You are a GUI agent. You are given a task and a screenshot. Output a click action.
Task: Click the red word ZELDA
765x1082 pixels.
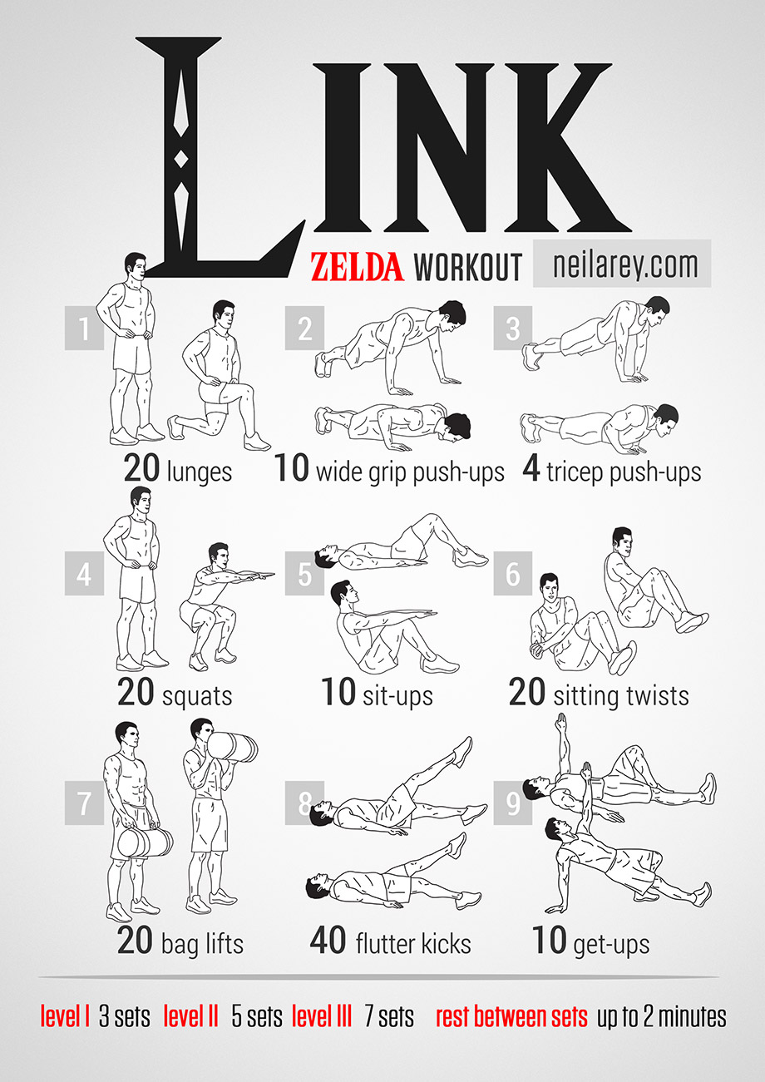[357, 266]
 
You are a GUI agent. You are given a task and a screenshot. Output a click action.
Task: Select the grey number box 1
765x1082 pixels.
[85, 328]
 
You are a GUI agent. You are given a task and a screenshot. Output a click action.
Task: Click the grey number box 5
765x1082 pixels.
[304, 573]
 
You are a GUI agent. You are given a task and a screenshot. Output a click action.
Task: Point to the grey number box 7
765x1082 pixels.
[85, 803]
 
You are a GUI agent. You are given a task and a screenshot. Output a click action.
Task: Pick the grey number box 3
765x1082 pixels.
[513, 328]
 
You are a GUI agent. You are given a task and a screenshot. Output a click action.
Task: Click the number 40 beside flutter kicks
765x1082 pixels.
[328, 940]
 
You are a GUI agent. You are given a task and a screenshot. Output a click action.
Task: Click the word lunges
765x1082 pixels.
[200, 471]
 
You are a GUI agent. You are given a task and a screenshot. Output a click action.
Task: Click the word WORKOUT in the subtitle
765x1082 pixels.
[467, 266]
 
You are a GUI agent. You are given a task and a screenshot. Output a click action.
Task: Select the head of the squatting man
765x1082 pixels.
[219, 556]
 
